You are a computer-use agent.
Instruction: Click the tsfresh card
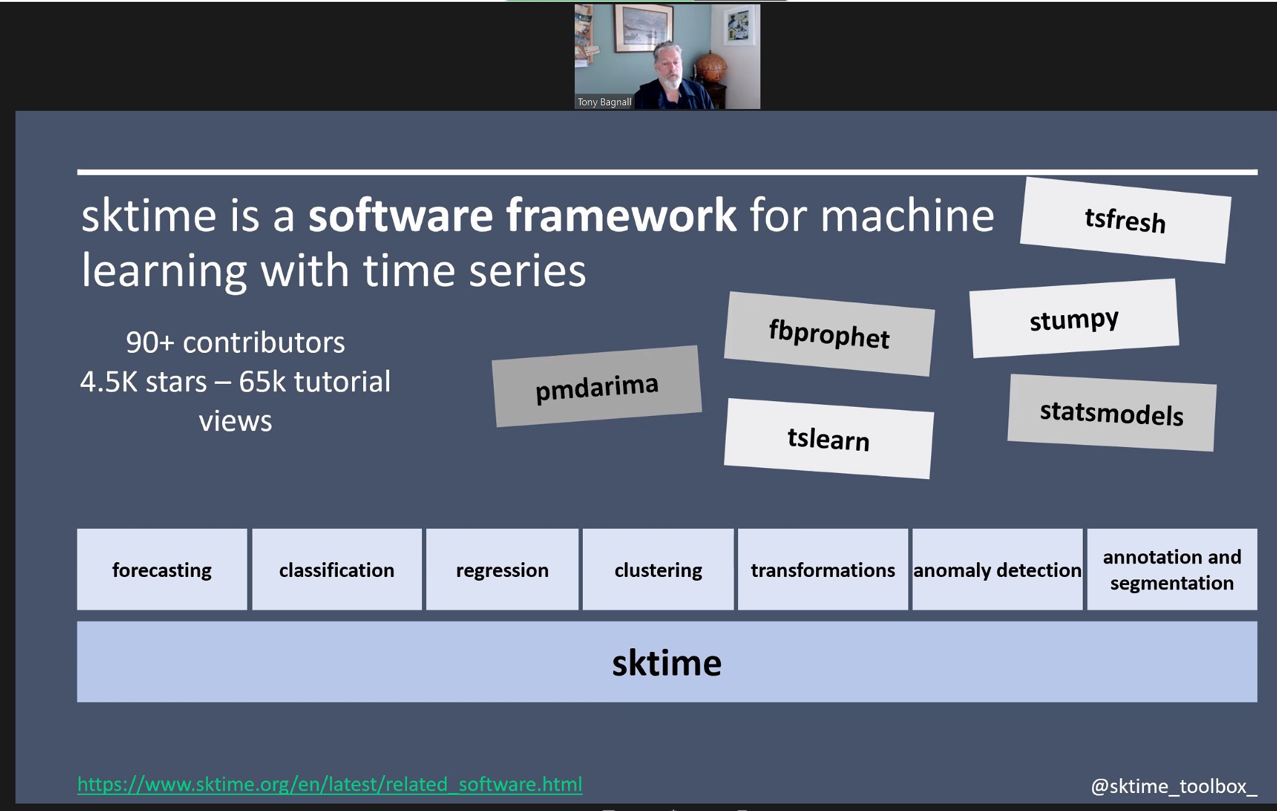click(x=1125, y=220)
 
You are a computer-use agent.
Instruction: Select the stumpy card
click(x=1074, y=319)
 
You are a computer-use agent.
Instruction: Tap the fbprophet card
click(x=829, y=334)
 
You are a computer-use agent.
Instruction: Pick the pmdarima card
click(x=596, y=387)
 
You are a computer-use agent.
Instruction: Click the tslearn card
click(x=828, y=438)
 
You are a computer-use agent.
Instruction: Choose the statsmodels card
click(x=1111, y=413)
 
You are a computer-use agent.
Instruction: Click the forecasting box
click(x=162, y=570)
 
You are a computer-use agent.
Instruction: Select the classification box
click(x=337, y=570)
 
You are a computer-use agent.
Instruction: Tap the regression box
click(x=502, y=570)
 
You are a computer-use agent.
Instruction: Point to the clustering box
click(x=658, y=570)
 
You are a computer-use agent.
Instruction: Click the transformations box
click(x=822, y=570)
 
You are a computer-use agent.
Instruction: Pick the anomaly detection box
click(x=997, y=570)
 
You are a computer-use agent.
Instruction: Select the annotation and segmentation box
click(x=1172, y=570)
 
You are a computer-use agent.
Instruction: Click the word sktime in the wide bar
click(x=666, y=663)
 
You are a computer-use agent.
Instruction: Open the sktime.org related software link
click(x=329, y=784)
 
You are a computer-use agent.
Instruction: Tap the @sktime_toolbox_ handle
click(x=1173, y=786)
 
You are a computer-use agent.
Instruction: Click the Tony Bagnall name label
click(x=604, y=102)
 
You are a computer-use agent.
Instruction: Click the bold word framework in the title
click(x=621, y=215)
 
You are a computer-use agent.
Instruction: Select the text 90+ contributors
click(x=235, y=342)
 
